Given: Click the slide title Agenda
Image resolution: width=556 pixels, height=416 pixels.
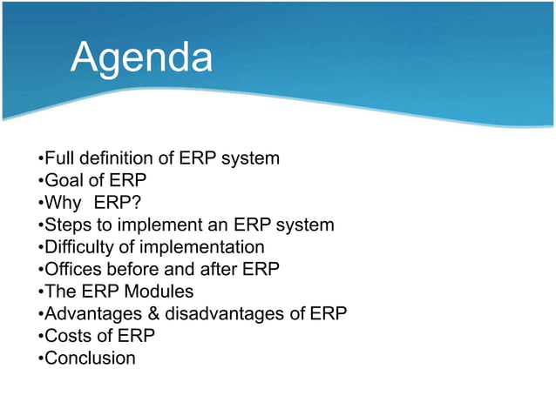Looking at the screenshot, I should pyautogui.click(x=141, y=58).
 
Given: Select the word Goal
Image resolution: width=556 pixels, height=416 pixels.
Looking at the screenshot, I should pyautogui.click(x=62, y=181).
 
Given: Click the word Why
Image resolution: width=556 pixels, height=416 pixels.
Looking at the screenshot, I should pyautogui.click(x=61, y=203).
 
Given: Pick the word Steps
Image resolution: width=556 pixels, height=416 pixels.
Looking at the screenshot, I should pyautogui.click(x=66, y=225).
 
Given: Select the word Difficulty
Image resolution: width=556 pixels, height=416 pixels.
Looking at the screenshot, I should pyautogui.click(x=79, y=248).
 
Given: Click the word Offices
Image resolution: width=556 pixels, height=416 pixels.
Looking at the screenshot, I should pyautogui.click(x=71, y=270).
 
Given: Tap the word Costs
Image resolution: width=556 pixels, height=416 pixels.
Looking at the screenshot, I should pyautogui.click(x=66, y=336).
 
